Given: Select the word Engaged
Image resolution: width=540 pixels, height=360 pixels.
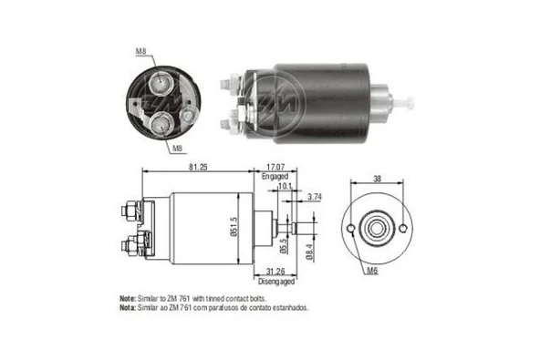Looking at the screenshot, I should [x=275, y=177].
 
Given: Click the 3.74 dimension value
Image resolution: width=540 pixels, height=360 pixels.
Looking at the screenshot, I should [x=315, y=197].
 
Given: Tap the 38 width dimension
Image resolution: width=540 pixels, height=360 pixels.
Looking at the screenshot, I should [x=376, y=180].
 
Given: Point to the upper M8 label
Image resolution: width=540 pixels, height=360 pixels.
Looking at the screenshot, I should [x=141, y=51].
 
